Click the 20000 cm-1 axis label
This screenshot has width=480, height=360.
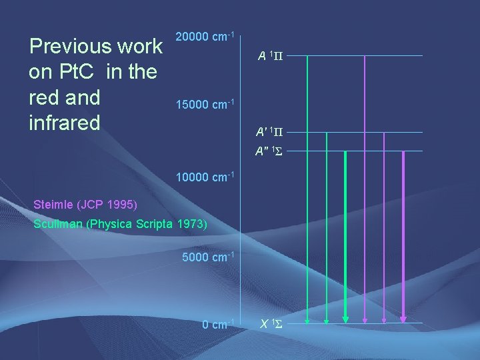204,37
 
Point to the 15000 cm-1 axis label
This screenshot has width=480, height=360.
204,105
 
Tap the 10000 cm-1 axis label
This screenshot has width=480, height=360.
204,177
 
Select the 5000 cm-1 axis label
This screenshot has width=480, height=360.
207,257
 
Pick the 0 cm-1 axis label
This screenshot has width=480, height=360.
217,325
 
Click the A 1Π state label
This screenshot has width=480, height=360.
271,56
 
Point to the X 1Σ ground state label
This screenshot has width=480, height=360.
272,324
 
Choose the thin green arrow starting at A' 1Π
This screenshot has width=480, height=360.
326,227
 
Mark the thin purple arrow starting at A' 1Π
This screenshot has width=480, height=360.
385,227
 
